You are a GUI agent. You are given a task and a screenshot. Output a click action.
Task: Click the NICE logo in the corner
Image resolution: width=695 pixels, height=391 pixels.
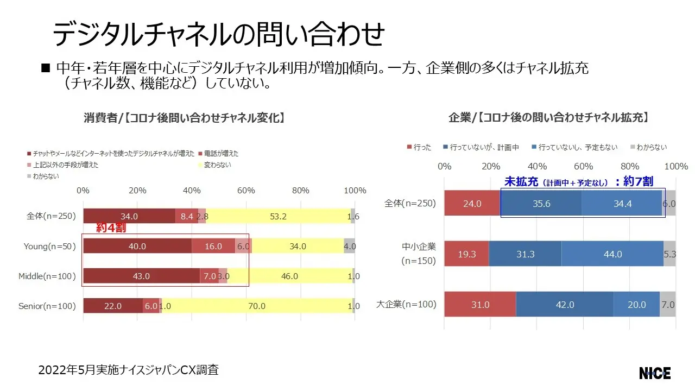pos(655,373)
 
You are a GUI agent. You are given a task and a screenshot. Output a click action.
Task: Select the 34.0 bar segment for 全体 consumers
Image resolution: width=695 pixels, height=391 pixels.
pos(129,216)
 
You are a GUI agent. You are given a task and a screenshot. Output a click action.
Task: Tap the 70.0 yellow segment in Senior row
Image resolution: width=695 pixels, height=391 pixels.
pos(257,306)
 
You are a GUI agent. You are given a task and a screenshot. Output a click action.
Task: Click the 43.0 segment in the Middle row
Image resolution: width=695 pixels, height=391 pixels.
pos(141,276)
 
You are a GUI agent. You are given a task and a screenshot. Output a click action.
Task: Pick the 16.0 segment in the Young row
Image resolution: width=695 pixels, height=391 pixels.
pos(213,246)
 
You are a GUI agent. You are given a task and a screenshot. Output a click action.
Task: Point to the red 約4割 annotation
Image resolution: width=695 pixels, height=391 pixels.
pos(111,228)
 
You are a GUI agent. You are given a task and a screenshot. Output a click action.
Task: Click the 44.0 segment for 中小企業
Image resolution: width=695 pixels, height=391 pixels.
pos(612,254)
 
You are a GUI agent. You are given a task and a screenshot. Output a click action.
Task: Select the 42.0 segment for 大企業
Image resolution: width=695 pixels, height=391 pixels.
pos(565,305)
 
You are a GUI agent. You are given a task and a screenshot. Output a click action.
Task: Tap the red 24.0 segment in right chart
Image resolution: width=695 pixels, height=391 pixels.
pos(472,204)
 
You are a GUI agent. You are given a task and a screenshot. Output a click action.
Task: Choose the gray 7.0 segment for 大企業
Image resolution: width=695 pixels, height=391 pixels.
pos(668,305)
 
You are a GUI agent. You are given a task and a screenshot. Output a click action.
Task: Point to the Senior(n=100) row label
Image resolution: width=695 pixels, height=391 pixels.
pos(47,306)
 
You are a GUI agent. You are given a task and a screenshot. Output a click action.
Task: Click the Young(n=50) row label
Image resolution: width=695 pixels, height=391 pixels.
pos(49,247)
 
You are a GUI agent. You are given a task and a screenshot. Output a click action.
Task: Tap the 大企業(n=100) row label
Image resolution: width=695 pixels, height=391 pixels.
pos(406,304)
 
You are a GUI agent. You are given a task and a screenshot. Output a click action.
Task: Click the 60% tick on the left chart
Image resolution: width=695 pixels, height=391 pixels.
pos(246,191)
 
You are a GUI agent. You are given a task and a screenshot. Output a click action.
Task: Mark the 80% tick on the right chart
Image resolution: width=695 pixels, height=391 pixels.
pos(630,166)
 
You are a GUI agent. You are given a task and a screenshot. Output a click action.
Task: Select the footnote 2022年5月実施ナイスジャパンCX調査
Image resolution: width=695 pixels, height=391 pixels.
pos(129,370)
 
